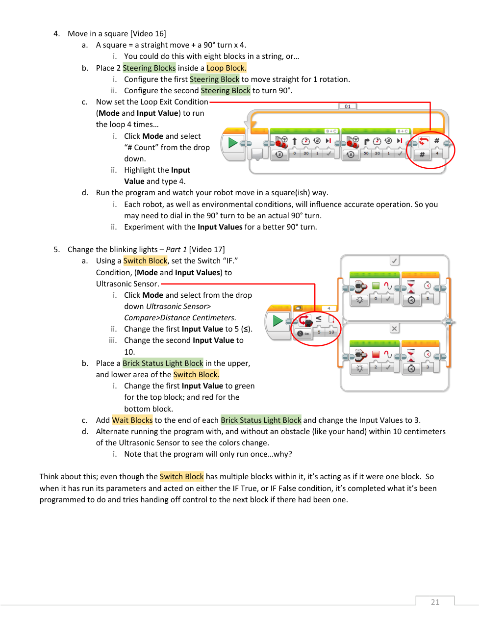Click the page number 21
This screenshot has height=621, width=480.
point(435,602)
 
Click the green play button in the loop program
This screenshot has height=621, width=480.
point(232,143)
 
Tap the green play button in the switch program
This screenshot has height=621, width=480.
point(277,321)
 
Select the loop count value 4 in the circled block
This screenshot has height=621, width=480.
point(437,154)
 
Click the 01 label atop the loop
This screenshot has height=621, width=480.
point(348,106)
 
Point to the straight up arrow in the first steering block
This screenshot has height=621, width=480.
point(294,141)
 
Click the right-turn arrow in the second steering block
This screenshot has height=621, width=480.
point(366,141)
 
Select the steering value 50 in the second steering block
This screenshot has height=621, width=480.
point(366,154)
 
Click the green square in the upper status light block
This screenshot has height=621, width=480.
point(376,285)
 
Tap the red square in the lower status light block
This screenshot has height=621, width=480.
point(376,354)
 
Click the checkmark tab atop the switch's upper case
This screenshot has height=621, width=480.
point(395,260)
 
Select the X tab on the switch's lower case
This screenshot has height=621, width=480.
point(394,328)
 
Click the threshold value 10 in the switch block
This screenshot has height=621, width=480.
point(331,332)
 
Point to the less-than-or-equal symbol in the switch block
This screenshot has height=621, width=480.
point(319,319)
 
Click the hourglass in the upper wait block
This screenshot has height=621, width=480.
point(411,286)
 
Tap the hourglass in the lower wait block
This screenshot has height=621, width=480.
point(411,355)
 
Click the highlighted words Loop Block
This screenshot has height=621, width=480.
point(226,68)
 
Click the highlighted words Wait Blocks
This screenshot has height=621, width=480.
point(132,420)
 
